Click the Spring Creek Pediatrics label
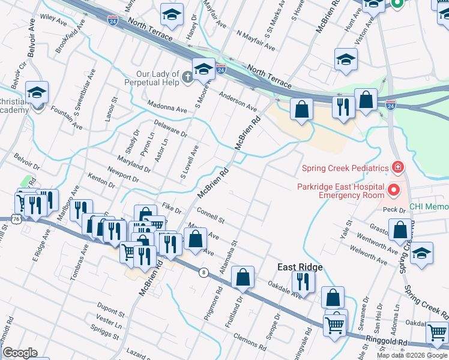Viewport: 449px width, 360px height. tap(344, 168)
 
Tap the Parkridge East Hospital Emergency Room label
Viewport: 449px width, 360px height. tap(340, 190)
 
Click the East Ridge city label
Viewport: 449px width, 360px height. tap(300, 267)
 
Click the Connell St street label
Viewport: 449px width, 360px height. tap(209, 214)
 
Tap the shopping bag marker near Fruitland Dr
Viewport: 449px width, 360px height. tap(243, 277)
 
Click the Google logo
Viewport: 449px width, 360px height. tap(20, 352)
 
